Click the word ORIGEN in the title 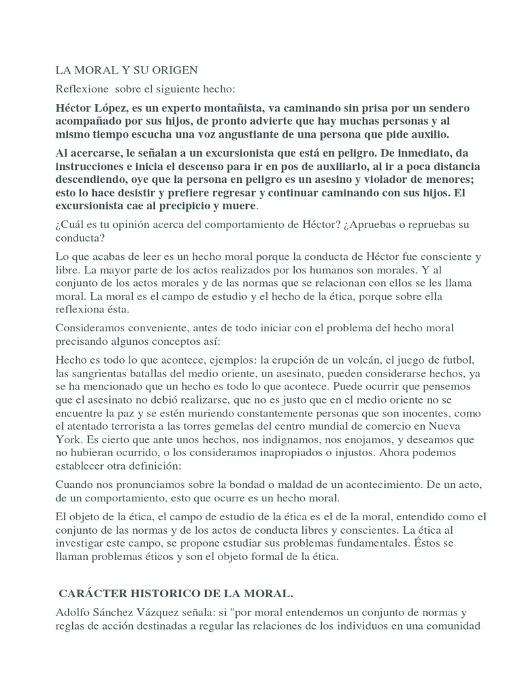coord(175,70)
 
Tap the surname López coord(113,109)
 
